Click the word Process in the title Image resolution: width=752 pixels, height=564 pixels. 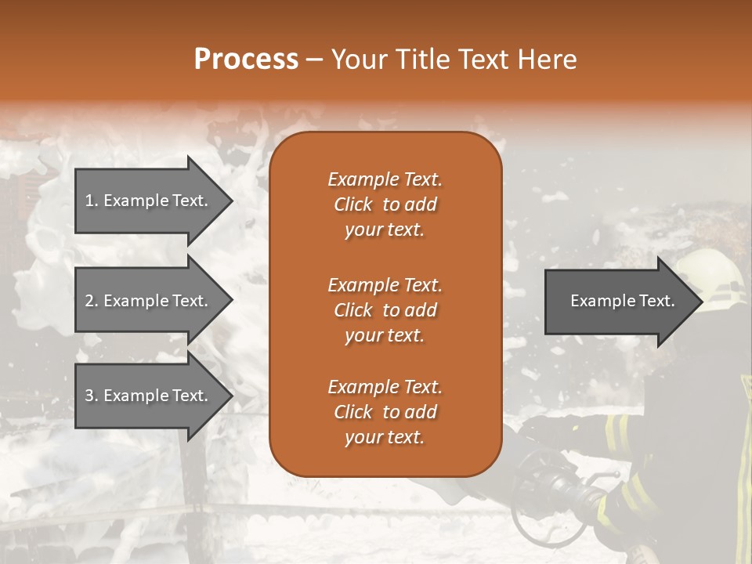point(246,60)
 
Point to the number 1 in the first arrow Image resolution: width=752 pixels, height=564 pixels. point(89,201)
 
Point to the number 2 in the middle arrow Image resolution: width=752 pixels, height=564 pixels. point(89,301)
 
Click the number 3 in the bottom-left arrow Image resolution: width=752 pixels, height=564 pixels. point(89,396)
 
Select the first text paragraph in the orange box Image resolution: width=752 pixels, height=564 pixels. point(385,204)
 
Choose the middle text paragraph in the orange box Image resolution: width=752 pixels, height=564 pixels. point(385,310)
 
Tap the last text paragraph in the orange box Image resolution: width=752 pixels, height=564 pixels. point(385,412)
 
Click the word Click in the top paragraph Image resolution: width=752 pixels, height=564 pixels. point(353,204)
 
